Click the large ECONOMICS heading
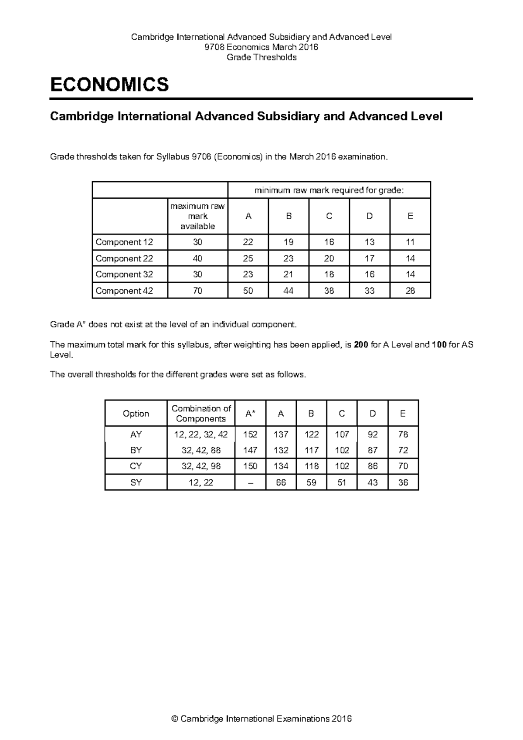[109, 84]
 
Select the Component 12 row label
[124, 242]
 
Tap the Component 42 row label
[124, 291]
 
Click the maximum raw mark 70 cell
[197, 291]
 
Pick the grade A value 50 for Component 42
[248, 291]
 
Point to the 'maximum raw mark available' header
[197, 216]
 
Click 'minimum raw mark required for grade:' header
[329, 190]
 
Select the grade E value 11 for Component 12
[410, 242]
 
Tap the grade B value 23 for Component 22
[289, 258]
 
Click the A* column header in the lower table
[250, 414]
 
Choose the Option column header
[136, 414]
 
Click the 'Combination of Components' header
[201, 414]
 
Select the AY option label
[136, 434]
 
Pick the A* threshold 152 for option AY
[250, 434]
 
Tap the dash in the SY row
[250, 482]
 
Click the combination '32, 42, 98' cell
[201, 466]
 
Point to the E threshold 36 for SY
[403, 482]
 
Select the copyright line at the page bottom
[261, 719]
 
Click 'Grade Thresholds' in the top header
[261, 57]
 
